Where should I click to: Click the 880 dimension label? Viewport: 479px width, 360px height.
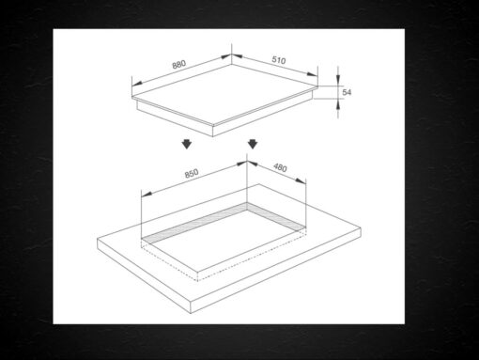179,64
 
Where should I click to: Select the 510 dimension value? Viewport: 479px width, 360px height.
279,59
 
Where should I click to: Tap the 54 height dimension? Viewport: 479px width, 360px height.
347,92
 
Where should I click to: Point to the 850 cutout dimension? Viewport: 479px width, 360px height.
192,173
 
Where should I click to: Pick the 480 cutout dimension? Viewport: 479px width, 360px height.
280,168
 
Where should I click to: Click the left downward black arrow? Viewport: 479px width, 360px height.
187,144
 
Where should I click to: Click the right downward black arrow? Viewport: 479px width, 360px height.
253,144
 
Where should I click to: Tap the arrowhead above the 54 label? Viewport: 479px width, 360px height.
338,79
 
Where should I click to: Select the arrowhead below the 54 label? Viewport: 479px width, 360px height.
338,105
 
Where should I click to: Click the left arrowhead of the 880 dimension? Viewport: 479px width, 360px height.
137,84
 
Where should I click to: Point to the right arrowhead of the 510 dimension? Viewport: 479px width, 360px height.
312,74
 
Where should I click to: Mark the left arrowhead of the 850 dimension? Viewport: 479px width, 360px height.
147,195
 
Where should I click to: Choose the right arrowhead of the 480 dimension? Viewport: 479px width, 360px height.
301,181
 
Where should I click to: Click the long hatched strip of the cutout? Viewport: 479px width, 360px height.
194,223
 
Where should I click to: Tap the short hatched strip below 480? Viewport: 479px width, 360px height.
276,216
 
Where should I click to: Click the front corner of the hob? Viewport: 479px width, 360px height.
213,126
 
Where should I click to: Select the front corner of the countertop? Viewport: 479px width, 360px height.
191,302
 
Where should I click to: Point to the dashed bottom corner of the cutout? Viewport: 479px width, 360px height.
197,281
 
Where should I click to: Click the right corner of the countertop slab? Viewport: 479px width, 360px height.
361,228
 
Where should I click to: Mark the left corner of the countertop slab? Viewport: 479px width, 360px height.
98,240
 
